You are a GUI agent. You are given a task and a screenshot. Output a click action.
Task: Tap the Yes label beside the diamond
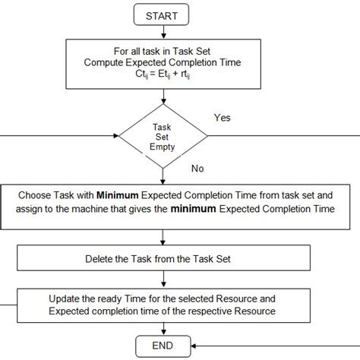[x=223, y=118]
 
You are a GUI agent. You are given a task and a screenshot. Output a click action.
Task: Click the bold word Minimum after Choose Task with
[x=117, y=193]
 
